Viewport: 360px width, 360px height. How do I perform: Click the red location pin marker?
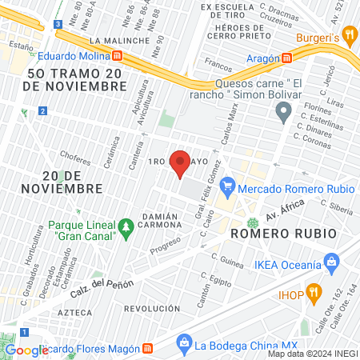180,163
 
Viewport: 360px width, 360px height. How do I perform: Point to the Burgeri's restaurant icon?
351,37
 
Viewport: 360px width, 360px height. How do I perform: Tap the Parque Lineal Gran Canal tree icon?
126,230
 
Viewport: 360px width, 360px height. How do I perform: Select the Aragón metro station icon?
287,58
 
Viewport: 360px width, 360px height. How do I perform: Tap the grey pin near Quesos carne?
282,114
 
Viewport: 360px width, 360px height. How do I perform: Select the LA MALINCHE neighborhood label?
120,40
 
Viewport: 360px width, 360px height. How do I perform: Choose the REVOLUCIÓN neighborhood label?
152,308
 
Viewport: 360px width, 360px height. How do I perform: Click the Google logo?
26,350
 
